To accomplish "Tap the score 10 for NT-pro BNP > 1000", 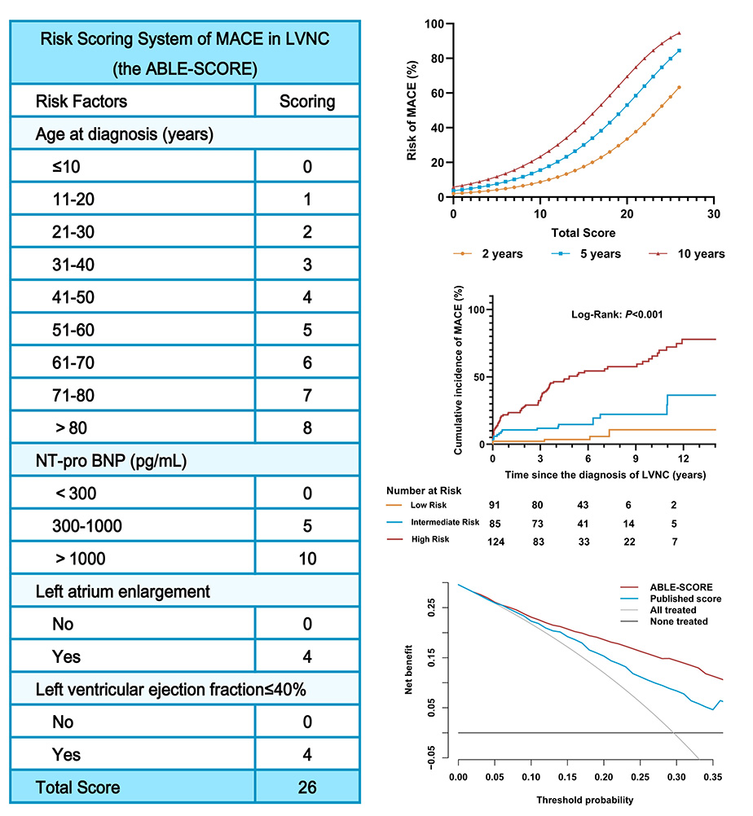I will (x=307, y=559).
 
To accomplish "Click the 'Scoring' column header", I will (x=307, y=102).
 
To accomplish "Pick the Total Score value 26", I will (x=307, y=787).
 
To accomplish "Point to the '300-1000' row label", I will (x=86, y=526).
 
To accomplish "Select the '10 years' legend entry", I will (x=700, y=254).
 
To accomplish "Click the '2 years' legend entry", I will (x=498, y=254).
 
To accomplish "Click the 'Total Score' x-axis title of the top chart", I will (x=582, y=233).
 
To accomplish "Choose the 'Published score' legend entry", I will (x=686, y=599).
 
